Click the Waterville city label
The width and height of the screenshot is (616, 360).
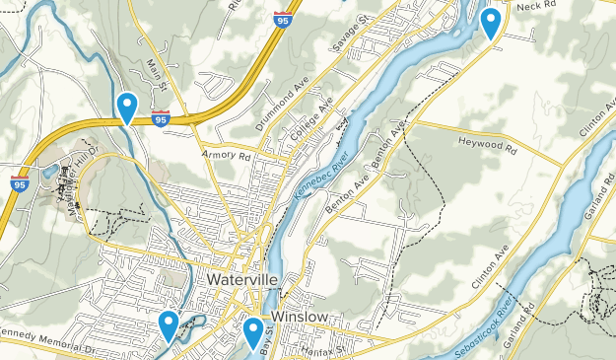[243, 279]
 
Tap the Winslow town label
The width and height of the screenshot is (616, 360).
[300, 317]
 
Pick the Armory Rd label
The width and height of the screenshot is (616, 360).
[226, 156]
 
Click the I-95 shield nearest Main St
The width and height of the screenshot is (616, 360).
[162, 119]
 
